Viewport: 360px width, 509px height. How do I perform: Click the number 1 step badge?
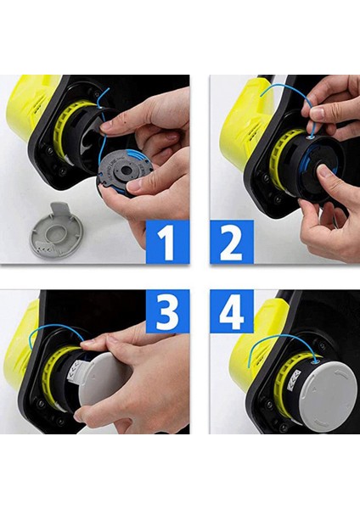coord(167,242)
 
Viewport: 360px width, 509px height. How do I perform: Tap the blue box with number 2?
coord(232,242)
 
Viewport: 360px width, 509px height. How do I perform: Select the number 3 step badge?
coord(167,311)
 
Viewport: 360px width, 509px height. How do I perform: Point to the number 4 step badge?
coord(232,311)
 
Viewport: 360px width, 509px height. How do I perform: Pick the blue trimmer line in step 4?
coord(280,339)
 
